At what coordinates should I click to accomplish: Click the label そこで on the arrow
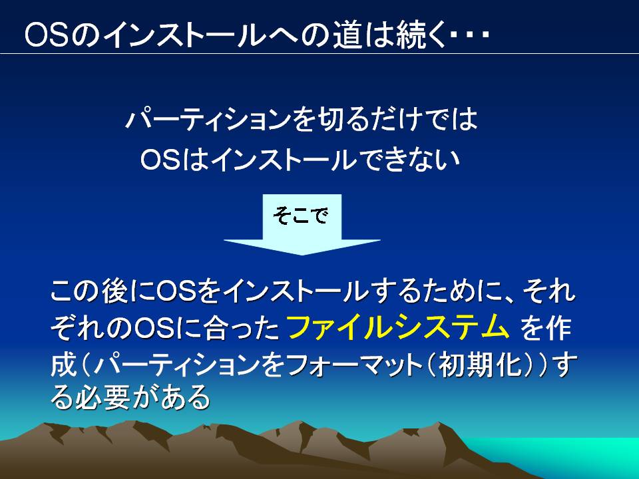(x=301, y=215)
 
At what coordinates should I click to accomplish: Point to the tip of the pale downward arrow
(x=302, y=255)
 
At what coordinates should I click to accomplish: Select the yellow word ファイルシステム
(x=398, y=327)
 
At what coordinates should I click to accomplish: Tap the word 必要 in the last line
(x=103, y=397)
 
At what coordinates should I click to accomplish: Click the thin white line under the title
(x=319, y=53)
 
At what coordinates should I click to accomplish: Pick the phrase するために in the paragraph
(x=428, y=291)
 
